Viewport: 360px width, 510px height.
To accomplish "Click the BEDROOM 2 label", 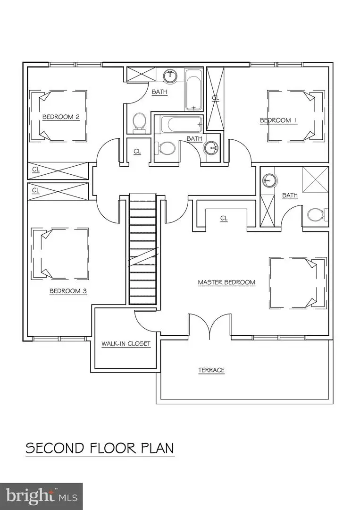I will [61, 117].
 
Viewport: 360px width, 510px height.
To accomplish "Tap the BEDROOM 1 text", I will [278, 120].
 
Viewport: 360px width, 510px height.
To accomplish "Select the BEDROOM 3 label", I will [68, 291].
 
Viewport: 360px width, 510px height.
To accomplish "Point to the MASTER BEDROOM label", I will [226, 282].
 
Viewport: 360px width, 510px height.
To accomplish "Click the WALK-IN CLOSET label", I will [126, 344].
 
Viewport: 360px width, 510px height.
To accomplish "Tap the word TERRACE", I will [211, 370].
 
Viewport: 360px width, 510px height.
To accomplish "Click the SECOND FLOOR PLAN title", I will [100, 448].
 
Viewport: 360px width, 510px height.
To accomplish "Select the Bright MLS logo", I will [42, 496].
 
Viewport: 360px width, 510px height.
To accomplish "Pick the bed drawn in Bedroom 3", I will [59, 253].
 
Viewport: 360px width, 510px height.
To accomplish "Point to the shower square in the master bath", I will [315, 179].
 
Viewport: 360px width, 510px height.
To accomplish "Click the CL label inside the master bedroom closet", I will [224, 218].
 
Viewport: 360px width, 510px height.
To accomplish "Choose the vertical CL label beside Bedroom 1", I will [216, 98].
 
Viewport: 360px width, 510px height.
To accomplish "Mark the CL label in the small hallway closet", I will [137, 152].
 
